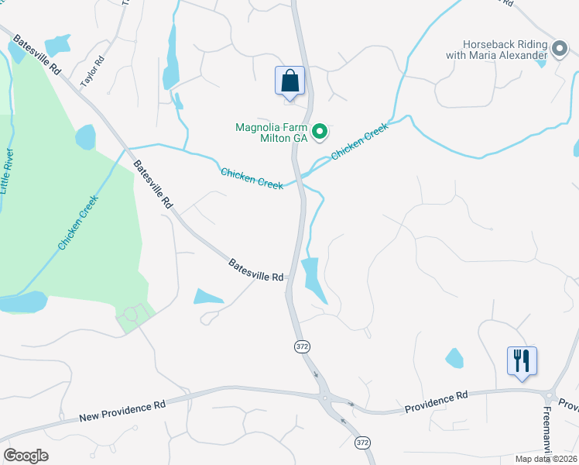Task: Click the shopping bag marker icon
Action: point(289,81)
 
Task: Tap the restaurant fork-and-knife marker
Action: point(522,360)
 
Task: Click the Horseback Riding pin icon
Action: point(560,50)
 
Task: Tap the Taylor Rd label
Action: point(93,71)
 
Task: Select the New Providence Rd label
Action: point(122,412)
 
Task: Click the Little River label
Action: point(8,171)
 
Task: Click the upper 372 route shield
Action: point(302,346)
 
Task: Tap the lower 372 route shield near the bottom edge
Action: point(361,442)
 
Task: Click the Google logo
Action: point(26,456)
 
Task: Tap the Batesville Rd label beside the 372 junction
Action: point(256,270)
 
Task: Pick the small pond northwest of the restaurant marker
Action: point(454,358)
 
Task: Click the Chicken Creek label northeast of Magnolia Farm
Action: point(359,143)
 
